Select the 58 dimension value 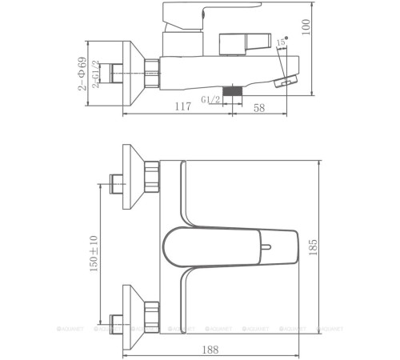(x=259, y=107)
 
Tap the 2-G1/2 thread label (x=95, y=73)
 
